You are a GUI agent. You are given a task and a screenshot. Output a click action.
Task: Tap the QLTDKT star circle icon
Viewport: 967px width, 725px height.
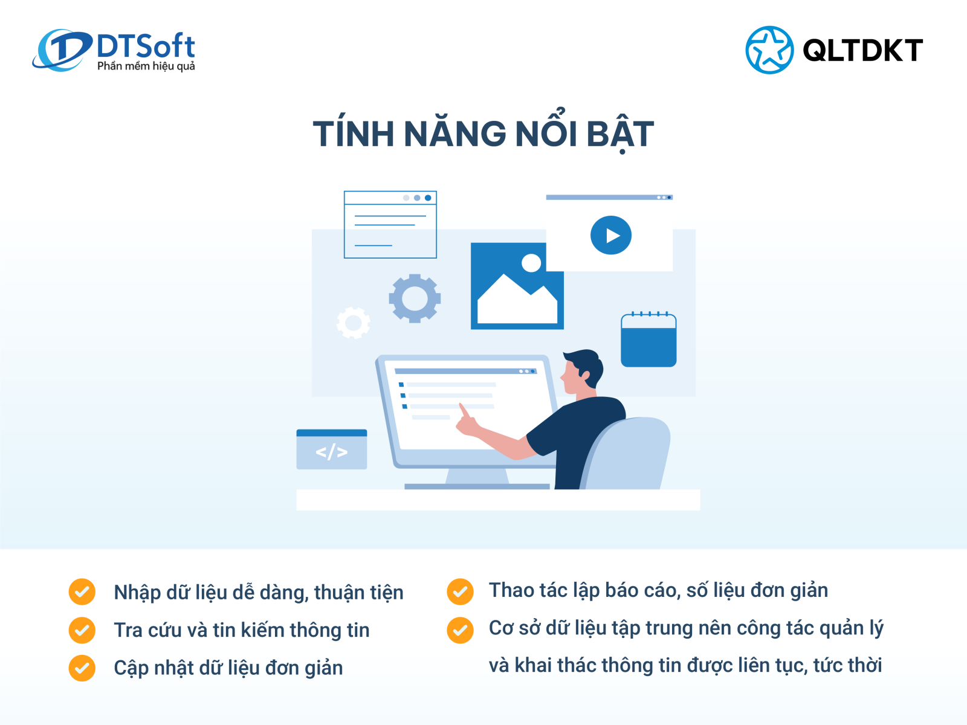[x=769, y=50]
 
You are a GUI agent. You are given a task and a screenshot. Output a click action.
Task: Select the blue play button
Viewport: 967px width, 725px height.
[x=610, y=235]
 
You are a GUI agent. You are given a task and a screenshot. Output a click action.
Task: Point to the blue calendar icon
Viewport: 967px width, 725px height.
[x=648, y=341]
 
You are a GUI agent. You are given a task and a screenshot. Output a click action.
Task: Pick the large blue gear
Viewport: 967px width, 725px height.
[x=415, y=298]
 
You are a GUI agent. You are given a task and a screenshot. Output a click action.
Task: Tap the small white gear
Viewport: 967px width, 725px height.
[x=354, y=323]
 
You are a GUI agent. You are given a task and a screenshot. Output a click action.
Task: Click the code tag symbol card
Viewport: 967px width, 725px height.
[x=332, y=450]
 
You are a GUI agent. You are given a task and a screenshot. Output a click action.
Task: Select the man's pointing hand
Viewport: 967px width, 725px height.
[x=465, y=422]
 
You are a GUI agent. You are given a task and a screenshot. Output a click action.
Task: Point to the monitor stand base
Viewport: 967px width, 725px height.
[x=477, y=485]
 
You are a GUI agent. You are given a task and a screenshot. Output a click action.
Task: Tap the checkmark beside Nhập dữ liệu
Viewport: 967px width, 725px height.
[x=82, y=591]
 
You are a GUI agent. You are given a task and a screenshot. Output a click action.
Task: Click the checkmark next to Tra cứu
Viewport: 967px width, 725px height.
[x=82, y=630]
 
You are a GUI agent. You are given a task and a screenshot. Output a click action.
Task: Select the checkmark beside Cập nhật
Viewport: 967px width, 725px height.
[x=82, y=668]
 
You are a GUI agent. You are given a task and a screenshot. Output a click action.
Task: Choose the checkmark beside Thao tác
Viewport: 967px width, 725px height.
[x=460, y=591]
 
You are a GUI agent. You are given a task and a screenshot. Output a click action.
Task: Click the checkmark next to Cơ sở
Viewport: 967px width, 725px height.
[x=460, y=630]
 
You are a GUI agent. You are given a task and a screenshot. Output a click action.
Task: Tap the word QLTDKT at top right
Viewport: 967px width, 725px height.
[x=862, y=50]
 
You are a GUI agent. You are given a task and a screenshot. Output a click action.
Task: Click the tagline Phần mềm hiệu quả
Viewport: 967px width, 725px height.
[x=146, y=66]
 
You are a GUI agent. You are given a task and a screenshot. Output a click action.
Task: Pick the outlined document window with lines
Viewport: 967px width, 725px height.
[x=390, y=225]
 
